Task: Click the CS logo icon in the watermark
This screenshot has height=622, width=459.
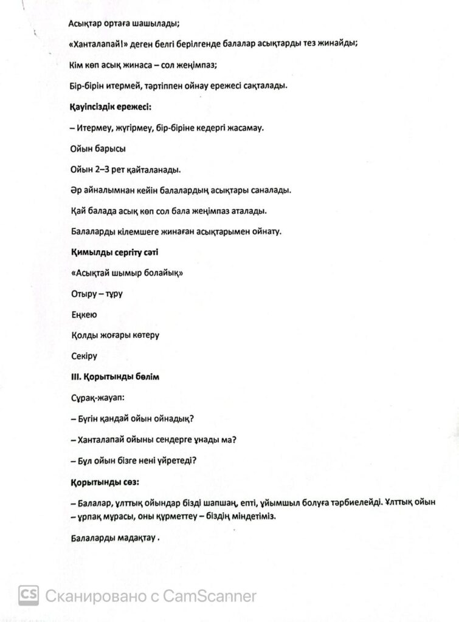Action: [29, 595]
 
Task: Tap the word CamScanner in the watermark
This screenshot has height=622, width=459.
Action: [210, 596]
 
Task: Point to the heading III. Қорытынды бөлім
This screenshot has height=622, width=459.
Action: [116, 377]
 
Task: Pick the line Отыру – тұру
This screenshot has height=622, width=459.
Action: [97, 293]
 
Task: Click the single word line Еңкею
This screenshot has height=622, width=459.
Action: [84, 315]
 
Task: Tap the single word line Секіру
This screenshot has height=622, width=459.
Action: [84, 356]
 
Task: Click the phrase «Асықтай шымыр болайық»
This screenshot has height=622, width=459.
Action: [127, 273]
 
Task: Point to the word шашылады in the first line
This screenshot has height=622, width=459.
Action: [155, 23]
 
